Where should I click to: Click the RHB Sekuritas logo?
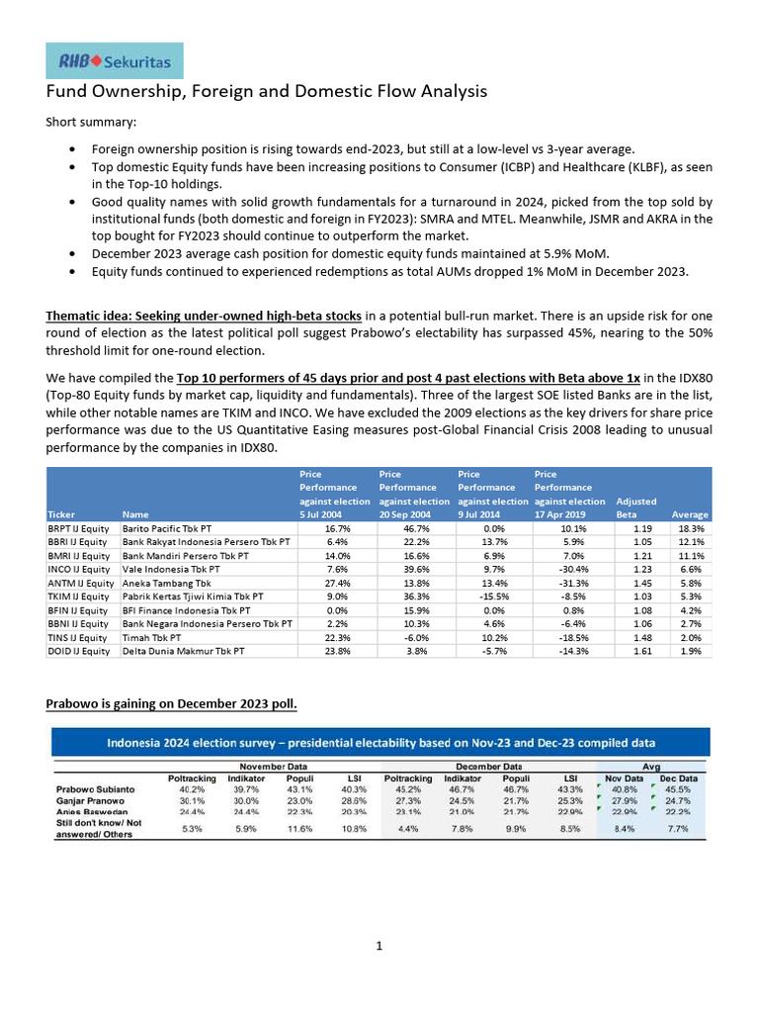(114, 60)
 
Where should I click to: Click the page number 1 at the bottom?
(379, 947)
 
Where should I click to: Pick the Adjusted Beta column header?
(635, 507)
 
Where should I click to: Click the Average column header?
(690, 514)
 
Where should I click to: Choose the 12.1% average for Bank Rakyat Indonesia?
(691, 543)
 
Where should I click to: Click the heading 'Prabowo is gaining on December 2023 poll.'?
(171, 704)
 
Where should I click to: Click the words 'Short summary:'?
(92, 123)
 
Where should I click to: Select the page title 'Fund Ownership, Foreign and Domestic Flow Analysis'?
(267, 92)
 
